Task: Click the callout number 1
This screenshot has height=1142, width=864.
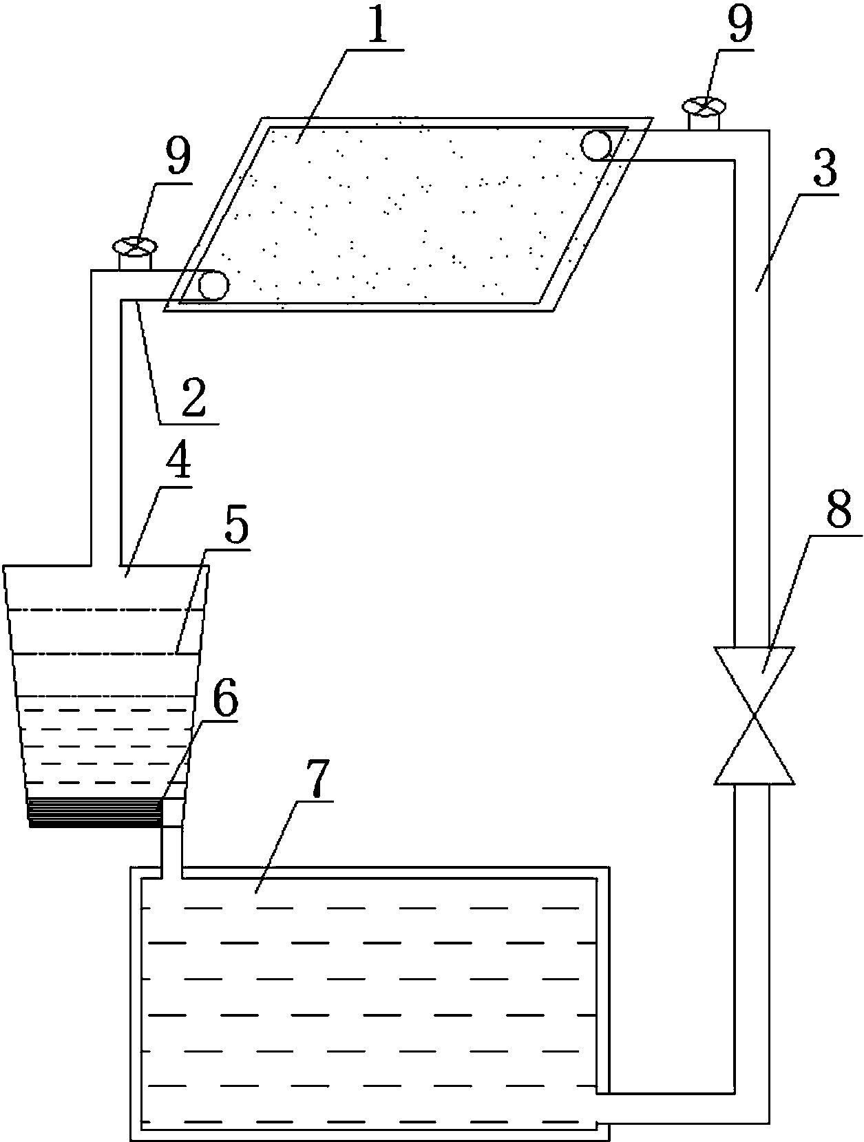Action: click(x=376, y=24)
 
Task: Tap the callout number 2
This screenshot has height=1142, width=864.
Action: click(x=193, y=397)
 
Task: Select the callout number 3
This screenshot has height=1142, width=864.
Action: click(x=825, y=168)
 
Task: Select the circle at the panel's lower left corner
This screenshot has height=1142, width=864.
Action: click(x=213, y=284)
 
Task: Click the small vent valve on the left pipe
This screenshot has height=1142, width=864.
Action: click(x=135, y=253)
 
